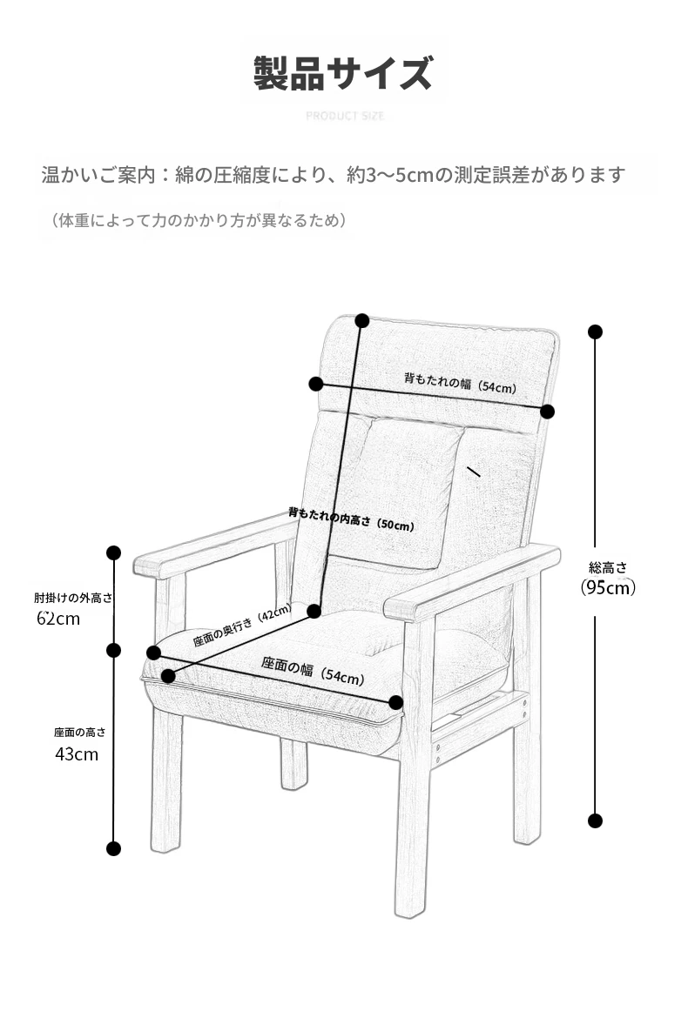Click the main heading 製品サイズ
tap(343, 73)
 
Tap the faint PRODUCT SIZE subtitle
tap(345, 116)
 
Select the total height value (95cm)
tap(608, 587)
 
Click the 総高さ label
tap(608, 567)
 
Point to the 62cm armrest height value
tap(58, 619)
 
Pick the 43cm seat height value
tap(77, 754)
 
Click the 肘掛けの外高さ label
tap(73, 599)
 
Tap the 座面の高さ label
tap(79, 733)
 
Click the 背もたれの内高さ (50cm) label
tap(351, 519)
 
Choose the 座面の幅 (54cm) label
tap(313, 671)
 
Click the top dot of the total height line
tap(595, 332)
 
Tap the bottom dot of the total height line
tap(595, 820)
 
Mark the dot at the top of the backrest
tap(362, 320)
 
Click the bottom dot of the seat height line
tap(113, 848)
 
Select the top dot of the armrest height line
tap(113, 552)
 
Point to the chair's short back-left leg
tap(293, 764)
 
